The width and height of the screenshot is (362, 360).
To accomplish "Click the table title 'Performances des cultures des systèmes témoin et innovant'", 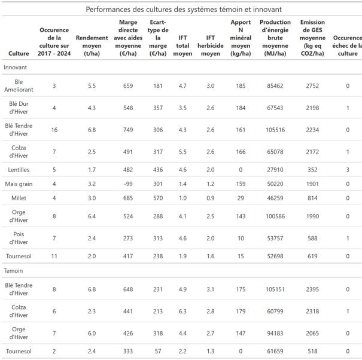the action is coord(184,10).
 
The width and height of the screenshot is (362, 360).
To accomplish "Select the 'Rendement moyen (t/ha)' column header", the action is coord(92,45).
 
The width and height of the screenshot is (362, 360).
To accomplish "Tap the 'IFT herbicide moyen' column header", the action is coord(211,45).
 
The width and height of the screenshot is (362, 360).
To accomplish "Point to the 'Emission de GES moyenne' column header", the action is coord(312,38).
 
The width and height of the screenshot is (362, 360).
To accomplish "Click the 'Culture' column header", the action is coord(19,53).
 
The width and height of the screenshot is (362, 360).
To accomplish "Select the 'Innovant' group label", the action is coord(15,67).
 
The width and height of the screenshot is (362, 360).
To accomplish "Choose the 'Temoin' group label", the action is coord(13,270).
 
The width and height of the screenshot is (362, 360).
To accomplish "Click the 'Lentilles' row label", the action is coord(19,170).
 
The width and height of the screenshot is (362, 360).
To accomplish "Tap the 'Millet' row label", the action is coord(19,198).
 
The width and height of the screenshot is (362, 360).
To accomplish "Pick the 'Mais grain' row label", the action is coord(19,184).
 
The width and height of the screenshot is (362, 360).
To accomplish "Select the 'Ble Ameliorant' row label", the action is coord(19,86).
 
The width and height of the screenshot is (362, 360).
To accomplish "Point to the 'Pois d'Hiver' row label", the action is coord(19,238).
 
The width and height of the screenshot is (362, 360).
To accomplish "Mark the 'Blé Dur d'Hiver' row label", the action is coord(19,108).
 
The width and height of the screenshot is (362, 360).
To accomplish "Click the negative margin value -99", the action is coord(128,184).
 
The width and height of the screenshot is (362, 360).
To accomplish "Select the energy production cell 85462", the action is coord(275,86).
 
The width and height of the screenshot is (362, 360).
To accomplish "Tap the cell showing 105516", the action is coord(275,130).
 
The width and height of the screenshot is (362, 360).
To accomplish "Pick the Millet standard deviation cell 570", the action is coord(158,198).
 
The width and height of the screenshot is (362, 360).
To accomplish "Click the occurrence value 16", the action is coord(54,130).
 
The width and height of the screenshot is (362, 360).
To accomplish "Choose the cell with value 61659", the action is coord(275,351).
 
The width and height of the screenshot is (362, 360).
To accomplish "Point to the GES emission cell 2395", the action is coord(312,289).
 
